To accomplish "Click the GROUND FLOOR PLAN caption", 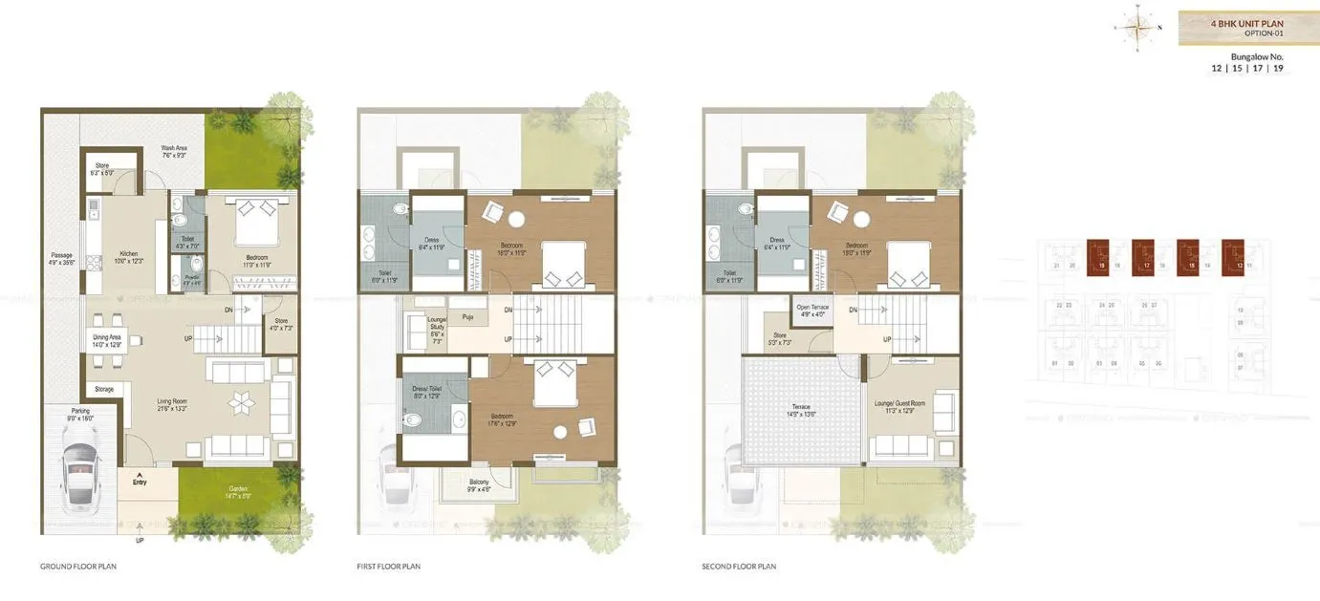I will click(78, 567).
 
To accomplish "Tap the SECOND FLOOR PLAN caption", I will click(738, 567).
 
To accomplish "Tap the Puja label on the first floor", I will click(467, 316).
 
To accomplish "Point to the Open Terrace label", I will click(812, 311).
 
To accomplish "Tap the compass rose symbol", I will click(1136, 28).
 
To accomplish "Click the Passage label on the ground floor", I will click(62, 258).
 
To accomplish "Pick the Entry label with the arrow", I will click(141, 480).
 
